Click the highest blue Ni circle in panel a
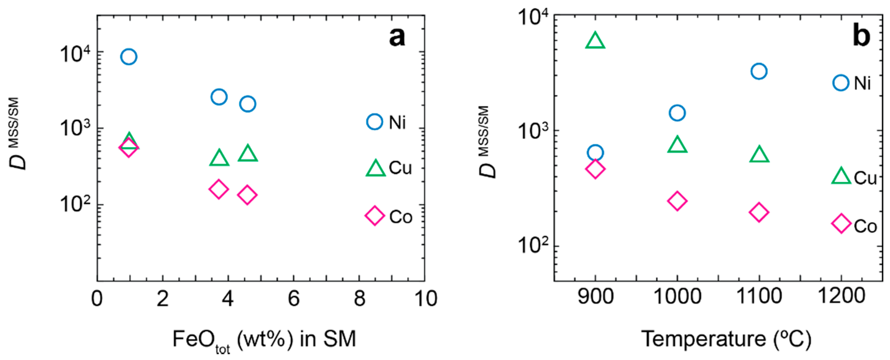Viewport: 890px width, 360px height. click(129, 56)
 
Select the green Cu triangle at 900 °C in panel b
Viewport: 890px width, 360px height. click(595, 40)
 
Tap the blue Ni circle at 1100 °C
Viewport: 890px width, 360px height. click(759, 71)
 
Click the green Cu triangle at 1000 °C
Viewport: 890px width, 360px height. click(677, 145)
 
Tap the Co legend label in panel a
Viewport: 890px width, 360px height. click(401, 217)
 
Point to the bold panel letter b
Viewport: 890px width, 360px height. click(861, 36)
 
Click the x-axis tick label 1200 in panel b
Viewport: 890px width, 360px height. click(842, 296)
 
